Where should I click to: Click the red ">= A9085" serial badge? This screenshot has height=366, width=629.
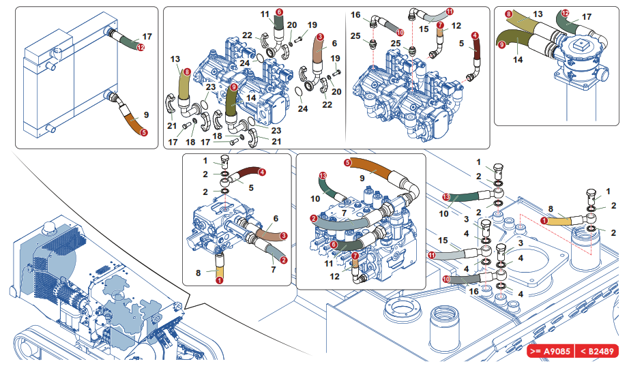(x=551, y=352)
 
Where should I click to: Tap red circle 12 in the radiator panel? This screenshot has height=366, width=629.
(x=140, y=47)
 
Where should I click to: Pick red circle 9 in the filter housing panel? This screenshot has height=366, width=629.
(x=501, y=45)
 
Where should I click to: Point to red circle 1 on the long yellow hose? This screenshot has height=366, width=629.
(x=545, y=220)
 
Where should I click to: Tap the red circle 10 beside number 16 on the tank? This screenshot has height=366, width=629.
(x=446, y=278)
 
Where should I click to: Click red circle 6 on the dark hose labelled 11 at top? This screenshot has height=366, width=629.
(x=279, y=12)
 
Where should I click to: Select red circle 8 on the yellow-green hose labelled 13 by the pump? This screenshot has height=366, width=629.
(x=187, y=71)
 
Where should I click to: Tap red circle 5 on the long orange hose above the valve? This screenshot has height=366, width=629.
(x=347, y=162)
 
